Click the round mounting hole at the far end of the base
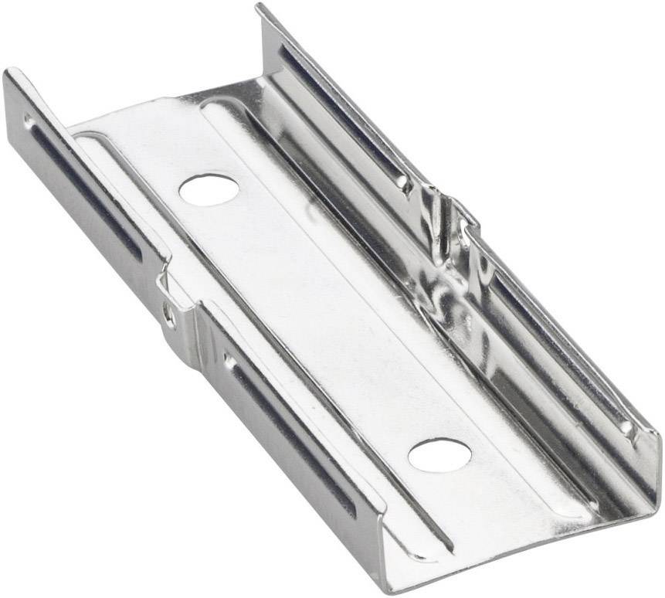209,189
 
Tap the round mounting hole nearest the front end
439,454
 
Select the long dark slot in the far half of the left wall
85,190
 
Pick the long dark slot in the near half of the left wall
293,433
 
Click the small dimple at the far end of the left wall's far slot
29,121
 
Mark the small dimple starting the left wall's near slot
229,360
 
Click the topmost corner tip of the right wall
259,8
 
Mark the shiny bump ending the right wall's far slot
402,182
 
